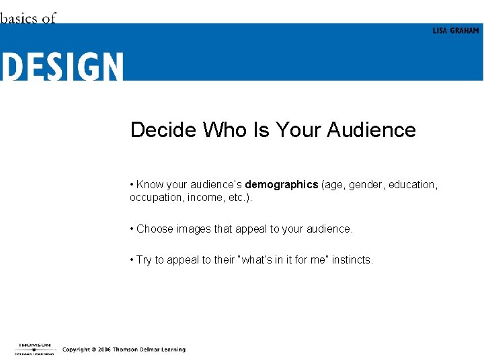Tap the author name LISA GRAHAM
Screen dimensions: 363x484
456,31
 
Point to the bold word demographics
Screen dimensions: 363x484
281,185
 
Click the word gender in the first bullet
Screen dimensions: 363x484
364,185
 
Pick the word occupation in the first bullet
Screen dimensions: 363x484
155,198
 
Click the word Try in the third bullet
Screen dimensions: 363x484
144,260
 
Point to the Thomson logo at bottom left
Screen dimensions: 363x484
34,348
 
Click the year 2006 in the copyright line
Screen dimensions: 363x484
103,350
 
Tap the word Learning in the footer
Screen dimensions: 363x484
171,350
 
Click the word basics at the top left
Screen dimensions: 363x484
19,18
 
